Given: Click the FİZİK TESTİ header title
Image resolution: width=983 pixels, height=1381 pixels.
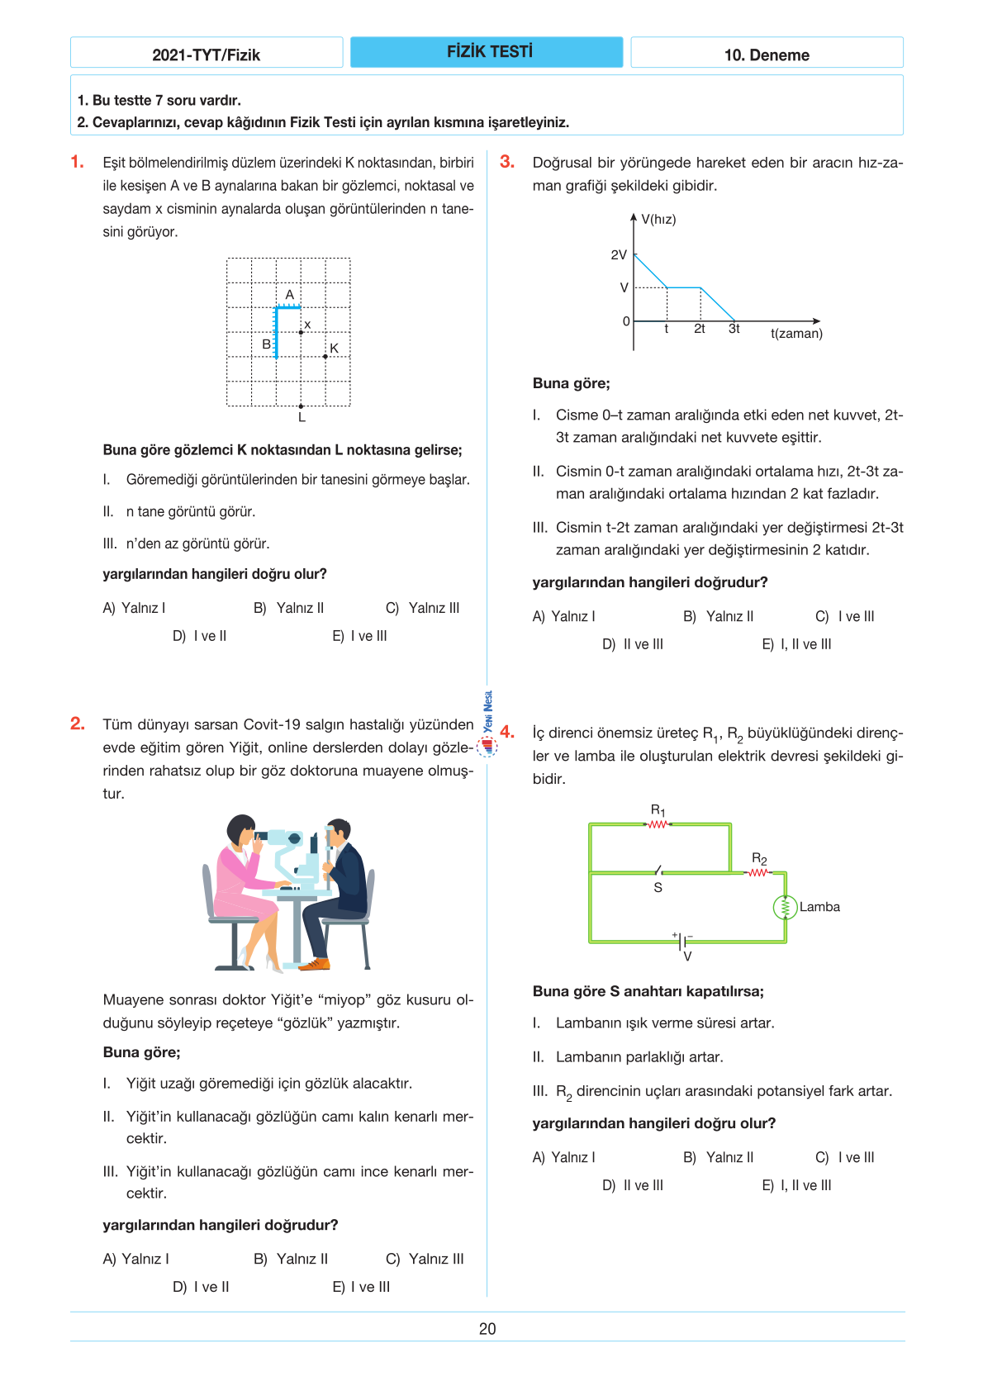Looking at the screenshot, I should pos(489,52).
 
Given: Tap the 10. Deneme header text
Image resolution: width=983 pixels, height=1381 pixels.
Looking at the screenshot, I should pos(766,55).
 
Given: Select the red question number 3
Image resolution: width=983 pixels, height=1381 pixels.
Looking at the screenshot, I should pos(507,162).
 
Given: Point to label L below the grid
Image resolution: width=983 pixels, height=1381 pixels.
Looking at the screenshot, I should pos(302,418).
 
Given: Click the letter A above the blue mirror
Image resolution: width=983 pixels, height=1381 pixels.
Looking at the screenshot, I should pos(290,295).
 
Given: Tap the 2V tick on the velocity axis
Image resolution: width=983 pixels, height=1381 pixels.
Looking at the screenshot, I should pos(619,255).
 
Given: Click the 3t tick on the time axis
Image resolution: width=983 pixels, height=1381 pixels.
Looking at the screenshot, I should pos(734,329).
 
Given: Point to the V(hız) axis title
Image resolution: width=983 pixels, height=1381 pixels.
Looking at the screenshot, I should pos(658,220).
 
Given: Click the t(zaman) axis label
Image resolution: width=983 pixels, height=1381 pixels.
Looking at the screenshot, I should pos(796,334).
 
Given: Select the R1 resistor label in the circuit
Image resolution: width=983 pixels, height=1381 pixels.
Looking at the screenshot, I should pos(658,810).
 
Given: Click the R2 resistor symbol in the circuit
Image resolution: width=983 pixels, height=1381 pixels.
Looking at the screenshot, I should pos(758,872).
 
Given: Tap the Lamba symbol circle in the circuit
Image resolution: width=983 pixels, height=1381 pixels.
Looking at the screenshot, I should pos(785,907).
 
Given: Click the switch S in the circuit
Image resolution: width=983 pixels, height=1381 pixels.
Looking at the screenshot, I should pos(658,871).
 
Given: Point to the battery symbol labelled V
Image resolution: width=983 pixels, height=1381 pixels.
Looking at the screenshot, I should pos(683,942).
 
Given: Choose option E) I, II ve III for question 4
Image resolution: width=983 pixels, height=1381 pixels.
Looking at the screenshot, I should pos(796,1185).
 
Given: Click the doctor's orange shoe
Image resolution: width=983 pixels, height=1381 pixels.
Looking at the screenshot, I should pos(315,964).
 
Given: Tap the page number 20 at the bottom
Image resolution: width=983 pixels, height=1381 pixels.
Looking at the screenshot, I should pos(487,1329).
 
